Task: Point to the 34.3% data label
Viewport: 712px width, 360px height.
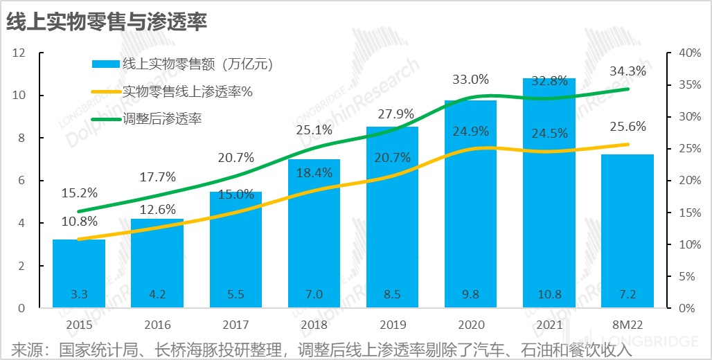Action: [x=628, y=71]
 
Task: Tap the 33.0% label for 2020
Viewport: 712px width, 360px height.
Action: [x=471, y=79]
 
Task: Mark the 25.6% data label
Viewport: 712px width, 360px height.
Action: [x=628, y=127]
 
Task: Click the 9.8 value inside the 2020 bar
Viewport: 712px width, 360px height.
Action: [x=471, y=294]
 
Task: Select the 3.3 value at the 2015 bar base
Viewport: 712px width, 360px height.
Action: [x=79, y=294]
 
